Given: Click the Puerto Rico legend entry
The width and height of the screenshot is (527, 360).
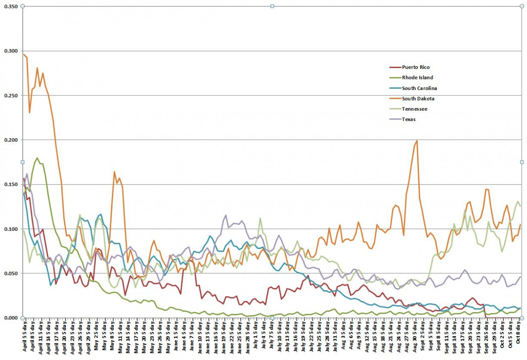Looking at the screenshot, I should [x=415, y=67].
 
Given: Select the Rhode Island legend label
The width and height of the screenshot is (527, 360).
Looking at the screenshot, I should [x=417, y=78].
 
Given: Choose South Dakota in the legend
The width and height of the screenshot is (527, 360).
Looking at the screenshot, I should [x=418, y=99].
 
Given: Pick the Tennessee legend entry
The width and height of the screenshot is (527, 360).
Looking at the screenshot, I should [x=415, y=109].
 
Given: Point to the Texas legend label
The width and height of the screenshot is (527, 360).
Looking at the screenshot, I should [x=409, y=119].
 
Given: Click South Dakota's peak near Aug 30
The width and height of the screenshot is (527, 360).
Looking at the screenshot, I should [x=416, y=140].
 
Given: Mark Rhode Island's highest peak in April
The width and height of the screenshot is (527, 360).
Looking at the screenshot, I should [x=37, y=158].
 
